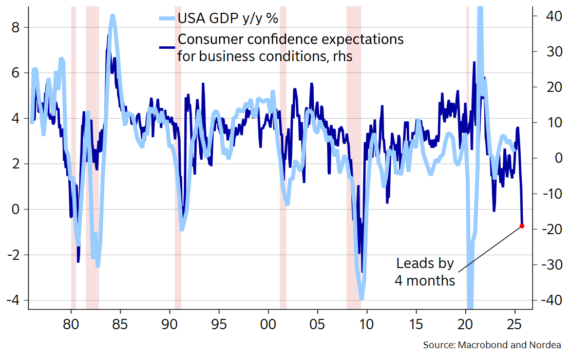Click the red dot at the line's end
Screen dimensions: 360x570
tap(522, 226)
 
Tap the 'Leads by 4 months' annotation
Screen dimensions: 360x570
tap(425, 272)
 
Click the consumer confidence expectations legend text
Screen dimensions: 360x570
tap(290, 48)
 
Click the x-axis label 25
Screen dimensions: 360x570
tap(515, 325)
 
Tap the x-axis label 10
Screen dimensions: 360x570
tap(367, 325)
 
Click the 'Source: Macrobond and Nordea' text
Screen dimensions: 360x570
tap(492, 345)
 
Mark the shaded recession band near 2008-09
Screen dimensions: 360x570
tap(354, 154)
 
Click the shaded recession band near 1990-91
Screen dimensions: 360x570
tap(178, 154)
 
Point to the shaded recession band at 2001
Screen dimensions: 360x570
tap(283, 154)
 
